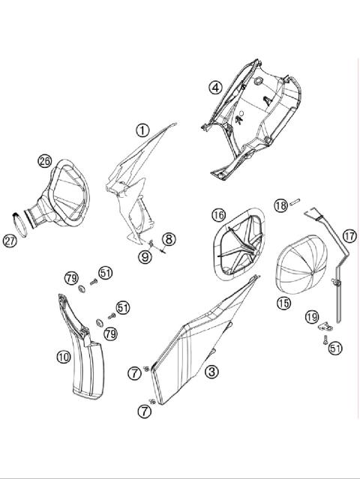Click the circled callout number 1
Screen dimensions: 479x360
point(142,130)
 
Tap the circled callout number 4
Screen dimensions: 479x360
point(215,87)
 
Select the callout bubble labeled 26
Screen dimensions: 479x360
point(45,160)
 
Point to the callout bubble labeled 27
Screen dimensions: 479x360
point(10,241)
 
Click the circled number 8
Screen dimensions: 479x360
point(169,240)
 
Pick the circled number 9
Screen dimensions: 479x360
point(144,257)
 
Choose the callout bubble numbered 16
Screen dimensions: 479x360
point(217,215)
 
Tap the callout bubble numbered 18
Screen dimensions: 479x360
point(280,205)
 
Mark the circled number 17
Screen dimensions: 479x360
point(349,235)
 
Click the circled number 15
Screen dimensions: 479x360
point(283,303)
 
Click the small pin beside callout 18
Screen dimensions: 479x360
point(297,201)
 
